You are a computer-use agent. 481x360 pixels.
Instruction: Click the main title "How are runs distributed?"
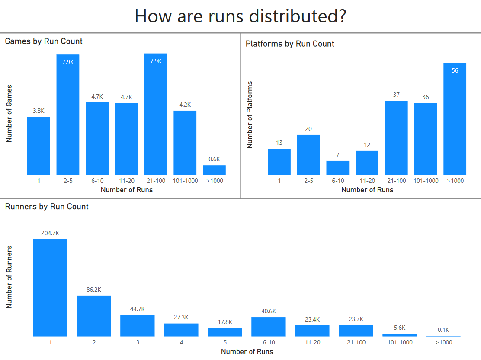240,16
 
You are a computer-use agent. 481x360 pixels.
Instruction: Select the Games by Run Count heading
44,41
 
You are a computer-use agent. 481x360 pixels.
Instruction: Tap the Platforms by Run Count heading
290,44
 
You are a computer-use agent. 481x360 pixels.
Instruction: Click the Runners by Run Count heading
47,207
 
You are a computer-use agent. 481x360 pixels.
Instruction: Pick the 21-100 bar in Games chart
156,114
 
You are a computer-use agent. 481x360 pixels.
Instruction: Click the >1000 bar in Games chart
214,169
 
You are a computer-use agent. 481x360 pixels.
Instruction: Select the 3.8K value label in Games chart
38,111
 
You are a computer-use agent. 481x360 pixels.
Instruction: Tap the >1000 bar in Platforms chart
455,119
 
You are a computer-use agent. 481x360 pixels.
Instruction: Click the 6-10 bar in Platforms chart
338,168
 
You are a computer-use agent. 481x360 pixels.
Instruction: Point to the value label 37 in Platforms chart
396,95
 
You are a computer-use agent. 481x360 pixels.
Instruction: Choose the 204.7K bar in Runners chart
50,288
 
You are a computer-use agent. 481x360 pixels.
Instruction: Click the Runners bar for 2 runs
94,316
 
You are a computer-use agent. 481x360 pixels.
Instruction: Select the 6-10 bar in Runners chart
268,327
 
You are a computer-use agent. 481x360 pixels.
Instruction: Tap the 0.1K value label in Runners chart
443,330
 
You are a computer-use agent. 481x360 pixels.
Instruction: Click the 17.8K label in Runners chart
225,322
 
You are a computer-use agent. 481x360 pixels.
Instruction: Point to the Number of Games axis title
9,113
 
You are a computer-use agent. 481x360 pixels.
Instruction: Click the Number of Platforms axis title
250,115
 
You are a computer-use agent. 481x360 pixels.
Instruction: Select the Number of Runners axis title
9,277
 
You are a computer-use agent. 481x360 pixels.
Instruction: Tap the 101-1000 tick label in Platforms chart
426,181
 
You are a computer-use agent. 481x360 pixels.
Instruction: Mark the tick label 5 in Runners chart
225,342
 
